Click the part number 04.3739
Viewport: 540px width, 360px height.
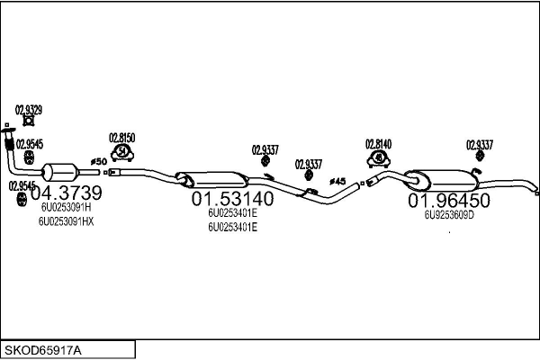click(x=66, y=193)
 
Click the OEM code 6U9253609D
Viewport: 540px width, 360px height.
click(x=449, y=215)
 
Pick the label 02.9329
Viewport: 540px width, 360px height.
click(x=29, y=109)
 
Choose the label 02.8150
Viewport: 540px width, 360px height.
click(x=121, y=137)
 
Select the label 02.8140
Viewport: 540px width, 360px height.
click(x=378, y=143)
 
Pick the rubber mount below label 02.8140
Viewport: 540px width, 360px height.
click(x=380, y=159)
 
